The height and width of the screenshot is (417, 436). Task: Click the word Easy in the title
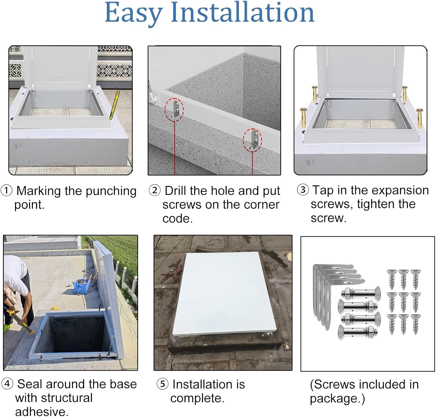tap(133, 13)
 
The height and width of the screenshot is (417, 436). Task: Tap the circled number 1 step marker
tap(6, 191)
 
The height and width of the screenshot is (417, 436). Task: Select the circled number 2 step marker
tap(155, 191)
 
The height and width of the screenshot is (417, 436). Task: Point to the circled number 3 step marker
tap(303, 190)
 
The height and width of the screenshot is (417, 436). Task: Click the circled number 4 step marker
tap(7, 384)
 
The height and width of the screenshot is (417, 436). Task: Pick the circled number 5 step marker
tap(162, 384)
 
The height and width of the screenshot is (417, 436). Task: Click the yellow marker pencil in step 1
tap(115, 105)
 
